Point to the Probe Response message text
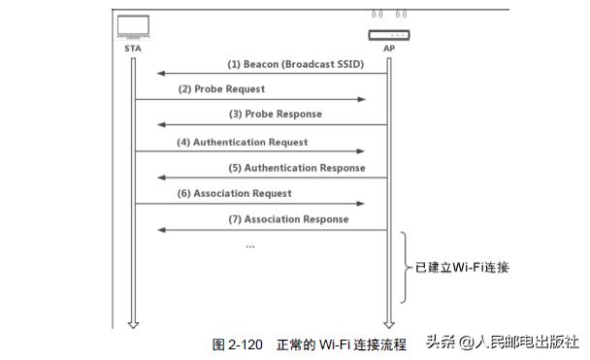coord(275,115)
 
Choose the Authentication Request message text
coord(242,142)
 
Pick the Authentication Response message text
coord(290,168)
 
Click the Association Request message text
coord(234,194)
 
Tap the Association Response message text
coord(288,219)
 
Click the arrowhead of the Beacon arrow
coord(161,73)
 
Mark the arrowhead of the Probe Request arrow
coord(361,99)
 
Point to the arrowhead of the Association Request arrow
coord(361,204)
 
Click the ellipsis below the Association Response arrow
coord(250,246)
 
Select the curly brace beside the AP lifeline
coord(407,268)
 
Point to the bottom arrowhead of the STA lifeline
coord(134,323)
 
